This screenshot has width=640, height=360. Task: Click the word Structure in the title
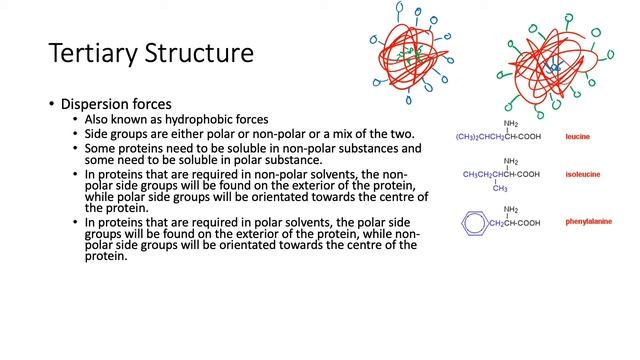(199, 52)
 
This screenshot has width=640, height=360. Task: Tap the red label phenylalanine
(589, 223)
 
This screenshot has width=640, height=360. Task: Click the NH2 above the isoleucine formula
(510, 161)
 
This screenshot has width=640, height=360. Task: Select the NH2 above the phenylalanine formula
(510, 210)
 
